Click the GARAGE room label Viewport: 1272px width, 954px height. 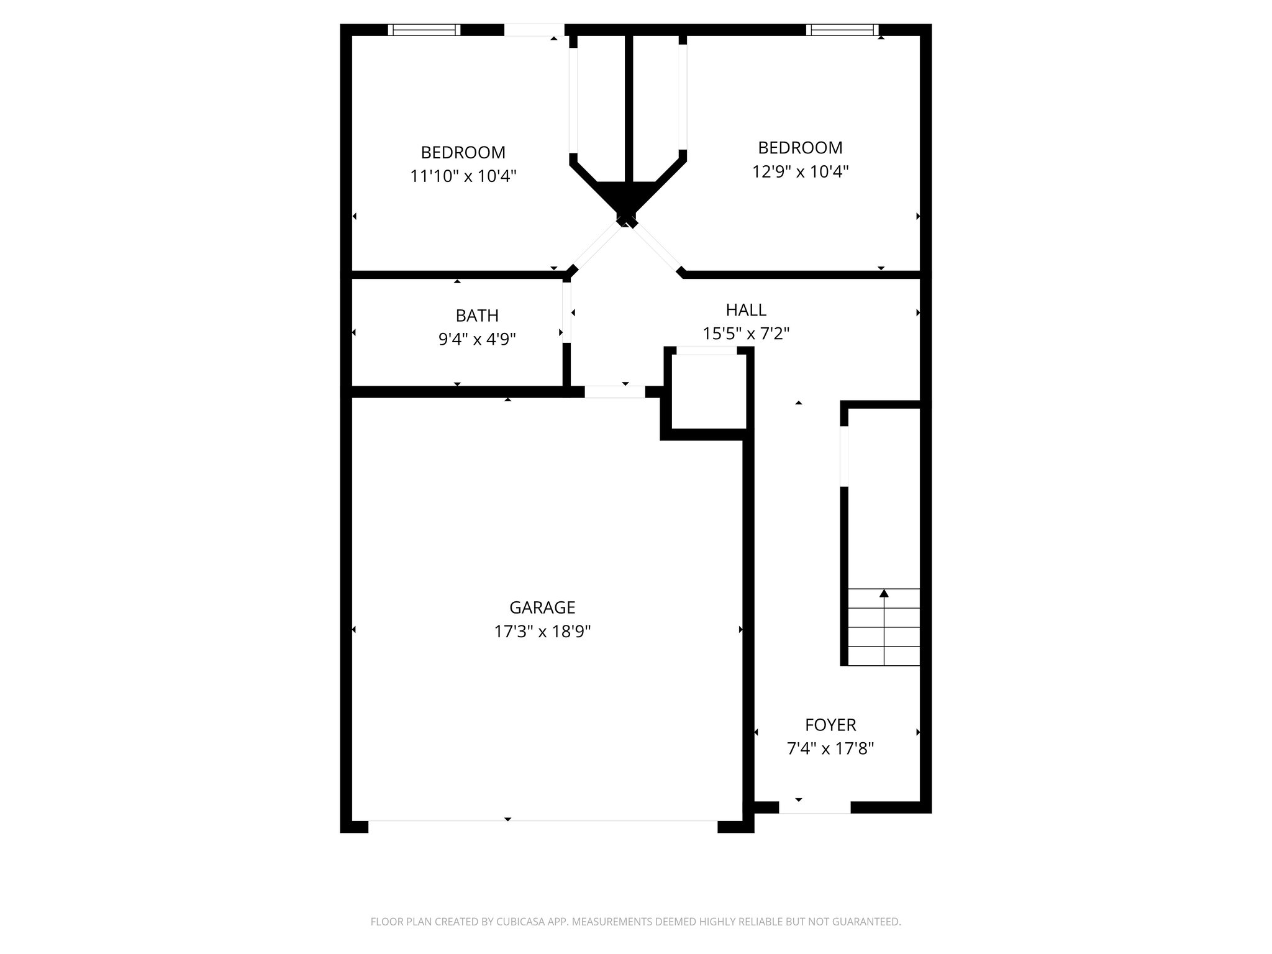[542, 607]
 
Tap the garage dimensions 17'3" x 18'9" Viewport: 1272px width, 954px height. [542, 632]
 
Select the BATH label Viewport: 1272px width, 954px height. [477, 316]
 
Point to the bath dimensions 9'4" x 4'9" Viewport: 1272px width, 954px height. [477, 339]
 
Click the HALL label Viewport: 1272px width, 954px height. [746, 309]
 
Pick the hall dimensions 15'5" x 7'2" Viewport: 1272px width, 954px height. [746, 334]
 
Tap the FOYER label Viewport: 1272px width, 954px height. [830, 725]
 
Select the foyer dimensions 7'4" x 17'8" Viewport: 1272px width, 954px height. [830, 749]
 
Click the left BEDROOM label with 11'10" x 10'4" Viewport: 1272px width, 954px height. [463, 152]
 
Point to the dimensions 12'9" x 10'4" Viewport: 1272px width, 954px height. [800, 171]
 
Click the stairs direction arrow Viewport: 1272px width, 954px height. [884, 594]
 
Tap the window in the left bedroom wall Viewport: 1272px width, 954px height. [424, 30]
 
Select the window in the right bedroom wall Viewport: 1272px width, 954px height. [842, 30]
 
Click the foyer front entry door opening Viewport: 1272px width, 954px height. [814, 807]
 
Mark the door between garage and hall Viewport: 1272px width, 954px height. [615, 392]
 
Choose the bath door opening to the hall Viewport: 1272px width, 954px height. [566, 312]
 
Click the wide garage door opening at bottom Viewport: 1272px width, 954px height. [542, 827]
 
